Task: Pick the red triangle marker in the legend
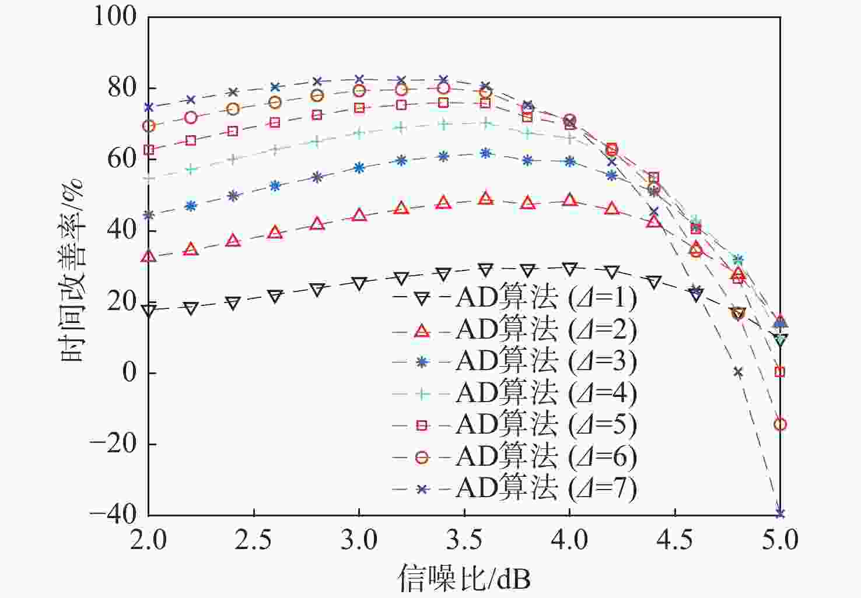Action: [x=422, y=330]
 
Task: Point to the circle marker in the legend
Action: [x=422, y=458]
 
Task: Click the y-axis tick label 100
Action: [x=115, y=16]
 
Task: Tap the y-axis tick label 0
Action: [x=129, y=372]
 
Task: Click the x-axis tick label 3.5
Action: [x=465, y=540]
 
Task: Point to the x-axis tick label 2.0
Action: [x=149, y=540]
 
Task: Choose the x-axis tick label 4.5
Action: [x=675, y=540]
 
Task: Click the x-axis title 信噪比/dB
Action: [x=464, y=579]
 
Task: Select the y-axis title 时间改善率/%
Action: [x=72, y=271]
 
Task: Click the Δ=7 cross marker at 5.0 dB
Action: [x=780, y=513]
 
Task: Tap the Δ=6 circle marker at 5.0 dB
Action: [x=780, y=424]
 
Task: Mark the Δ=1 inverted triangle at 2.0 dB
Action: [x=149, y=310]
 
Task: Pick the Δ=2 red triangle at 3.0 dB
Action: [x=359, y=215]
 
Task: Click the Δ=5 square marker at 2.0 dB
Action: [x=149, y=150]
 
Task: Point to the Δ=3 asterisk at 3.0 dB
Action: [x=359, y=168]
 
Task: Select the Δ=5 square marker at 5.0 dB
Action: [x=780, y=372]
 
